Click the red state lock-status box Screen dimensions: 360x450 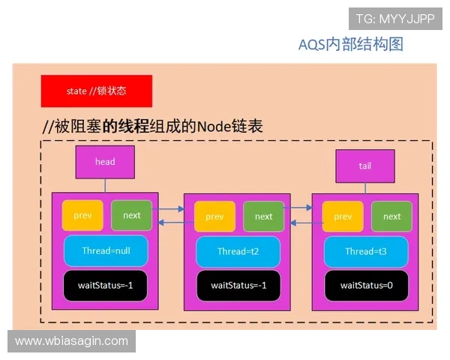click(x=97, y=91)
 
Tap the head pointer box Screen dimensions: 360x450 click(x=105, y=162)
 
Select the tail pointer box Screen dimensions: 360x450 click(x=364, y=166)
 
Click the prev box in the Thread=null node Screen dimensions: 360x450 click(x=82, y=215)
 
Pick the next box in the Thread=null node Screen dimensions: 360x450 click(x=132, y=215)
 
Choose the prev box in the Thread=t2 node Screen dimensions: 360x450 click(x=214, y=217)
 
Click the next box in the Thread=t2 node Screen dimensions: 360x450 click(x=264, y=217)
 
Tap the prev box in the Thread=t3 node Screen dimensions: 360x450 click(x=343, y=217)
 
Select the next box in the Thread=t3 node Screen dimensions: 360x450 click(x=392, y=217)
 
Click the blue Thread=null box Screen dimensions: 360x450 click(x=106, y=251)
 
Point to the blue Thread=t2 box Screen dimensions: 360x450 click(x=237, y=252)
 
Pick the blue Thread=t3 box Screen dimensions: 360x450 click(x=365, y=252)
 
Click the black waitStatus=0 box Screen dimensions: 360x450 click(x=366, y=285)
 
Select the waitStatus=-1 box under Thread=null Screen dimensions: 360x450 click(x=106, y=285)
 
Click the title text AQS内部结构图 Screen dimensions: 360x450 click(x=351, y=45)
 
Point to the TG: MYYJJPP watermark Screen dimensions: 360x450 click(x=395, y=18)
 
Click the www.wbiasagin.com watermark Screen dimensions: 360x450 click(x=72, y=341)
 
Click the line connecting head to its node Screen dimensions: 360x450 click(x=105, y=185)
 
